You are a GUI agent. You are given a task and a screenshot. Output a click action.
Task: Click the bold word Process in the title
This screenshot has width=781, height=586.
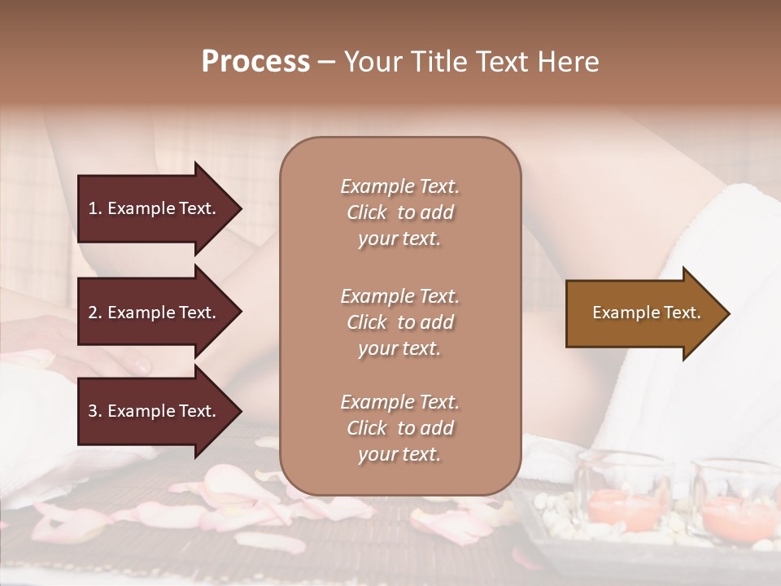point(255,62)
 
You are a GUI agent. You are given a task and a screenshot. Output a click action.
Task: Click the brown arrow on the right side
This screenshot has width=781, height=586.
point(643,313)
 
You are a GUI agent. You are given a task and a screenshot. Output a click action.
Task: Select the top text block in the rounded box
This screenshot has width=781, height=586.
point(399,212)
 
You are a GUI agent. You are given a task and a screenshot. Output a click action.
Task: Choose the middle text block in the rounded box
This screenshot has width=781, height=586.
point(399,322)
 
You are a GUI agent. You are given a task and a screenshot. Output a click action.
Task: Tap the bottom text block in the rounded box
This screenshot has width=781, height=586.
point(399,428)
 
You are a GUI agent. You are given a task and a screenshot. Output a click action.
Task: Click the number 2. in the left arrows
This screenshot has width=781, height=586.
point(94,313)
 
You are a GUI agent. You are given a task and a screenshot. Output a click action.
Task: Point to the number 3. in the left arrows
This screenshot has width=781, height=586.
point(94,411)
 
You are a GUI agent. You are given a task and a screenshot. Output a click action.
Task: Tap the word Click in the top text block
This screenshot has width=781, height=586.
point(367,213)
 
